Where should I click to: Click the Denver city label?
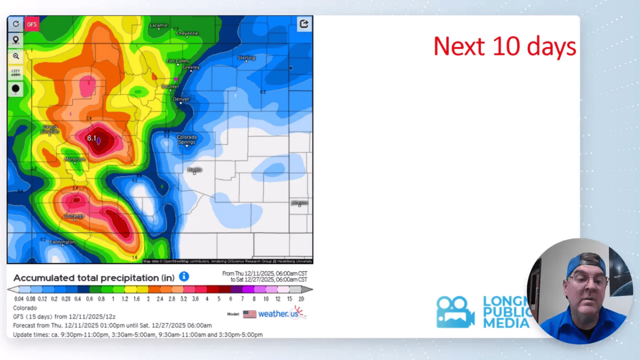tap(181, 99)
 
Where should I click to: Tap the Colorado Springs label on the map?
tap(187, 140)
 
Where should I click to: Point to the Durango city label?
tap(75, 216)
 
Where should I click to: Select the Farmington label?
tap(62, 242)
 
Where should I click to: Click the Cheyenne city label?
tap(187, 33)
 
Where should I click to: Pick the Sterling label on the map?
tap(246, 58)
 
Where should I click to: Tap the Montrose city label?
tap(75, 159)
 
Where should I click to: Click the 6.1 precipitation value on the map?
tap(92, 139)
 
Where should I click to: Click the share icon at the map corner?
tap(304, 23)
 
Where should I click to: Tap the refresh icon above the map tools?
tap(15, 24)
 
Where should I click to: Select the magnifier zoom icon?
tap(15, 56)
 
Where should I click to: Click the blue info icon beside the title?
tap(184, 276)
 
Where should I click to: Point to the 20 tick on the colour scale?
tap(302, 299)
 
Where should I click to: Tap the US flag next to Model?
tap(250, 314)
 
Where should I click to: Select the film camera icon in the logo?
tap(454, 312)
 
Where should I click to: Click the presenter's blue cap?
tap(586, 264)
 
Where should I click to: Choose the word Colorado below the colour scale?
tap(25, 308)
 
